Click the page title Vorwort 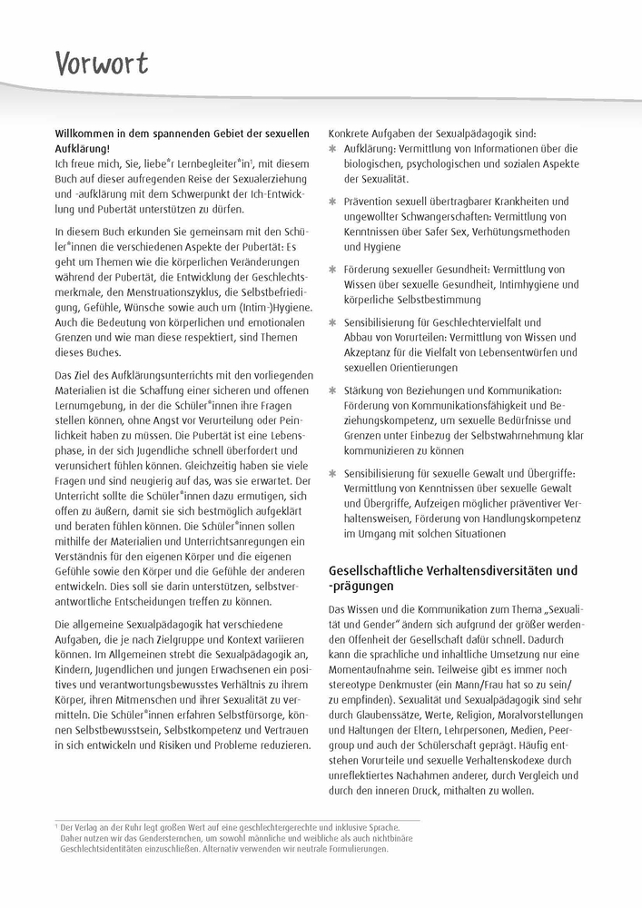(100, 64)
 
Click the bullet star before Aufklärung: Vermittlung (332, 148)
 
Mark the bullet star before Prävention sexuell (332, 202)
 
